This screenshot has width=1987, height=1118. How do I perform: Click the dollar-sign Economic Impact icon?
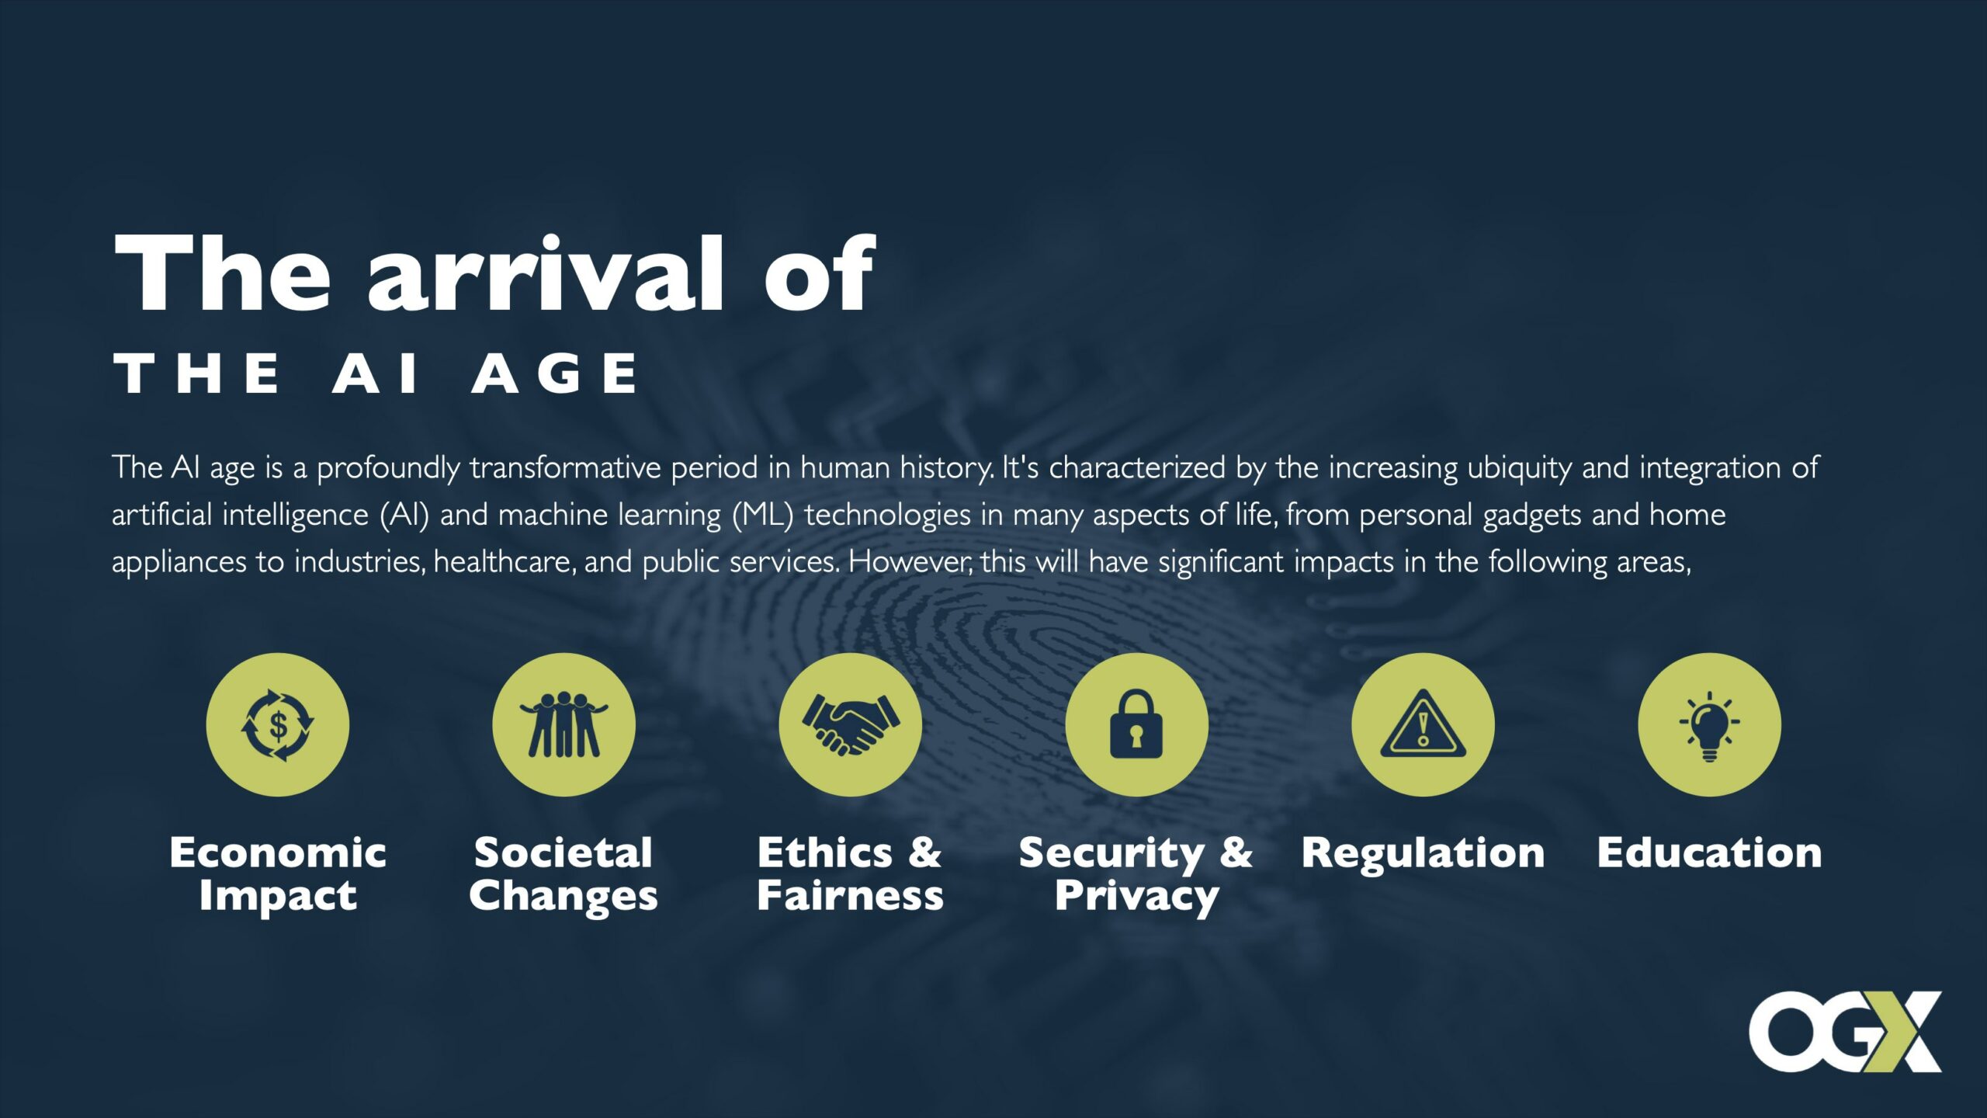(x=278, y=724)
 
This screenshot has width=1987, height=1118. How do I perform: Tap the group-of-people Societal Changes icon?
(x=564, y=724)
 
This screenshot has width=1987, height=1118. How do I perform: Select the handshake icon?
(x=851, y=724)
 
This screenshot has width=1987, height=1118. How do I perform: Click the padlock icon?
(x=1137, y=724)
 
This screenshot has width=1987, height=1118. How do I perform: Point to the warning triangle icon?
(x=1423, y=724)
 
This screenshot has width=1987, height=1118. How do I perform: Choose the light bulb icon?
(x=1710, y=724)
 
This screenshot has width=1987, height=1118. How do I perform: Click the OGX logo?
(x=1845, y=1032)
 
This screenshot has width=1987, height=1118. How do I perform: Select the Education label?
(x=1710, y=852)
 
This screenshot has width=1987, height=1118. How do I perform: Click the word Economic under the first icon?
(x=278, y=852)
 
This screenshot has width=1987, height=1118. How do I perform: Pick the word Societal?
(x=564, y=852)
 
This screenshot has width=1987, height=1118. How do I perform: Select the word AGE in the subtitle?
(x=555, y=373)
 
